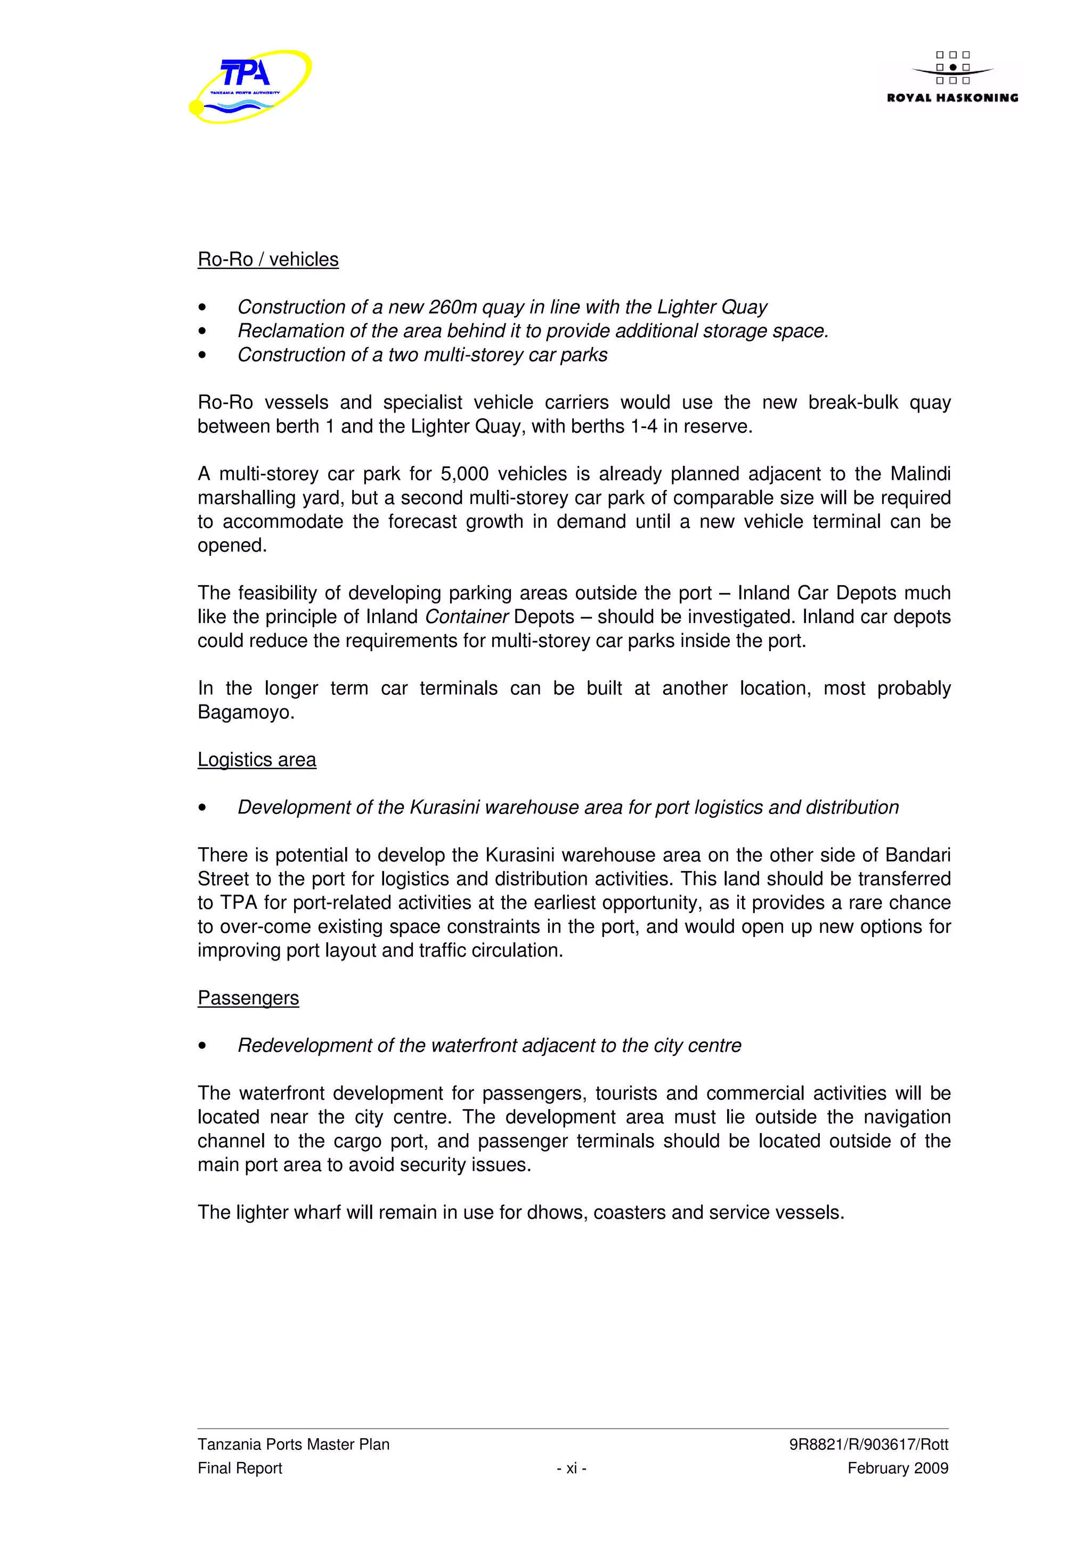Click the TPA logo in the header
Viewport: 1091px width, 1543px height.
coord(249,86)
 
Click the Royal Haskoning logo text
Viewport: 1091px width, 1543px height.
coord(952,98)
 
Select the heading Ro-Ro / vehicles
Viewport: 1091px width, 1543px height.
coord(267,259)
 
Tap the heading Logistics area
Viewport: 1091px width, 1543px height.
coord(256,759)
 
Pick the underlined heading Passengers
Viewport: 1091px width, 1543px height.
coord(248,998)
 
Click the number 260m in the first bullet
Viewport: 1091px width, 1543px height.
coord(452,307)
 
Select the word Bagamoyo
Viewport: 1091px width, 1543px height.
coord(246,712)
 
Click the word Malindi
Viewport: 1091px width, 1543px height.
coord(919,474)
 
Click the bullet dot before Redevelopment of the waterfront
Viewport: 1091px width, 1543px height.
coord(202,1046)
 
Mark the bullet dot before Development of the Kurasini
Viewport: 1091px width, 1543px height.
coord(202,808)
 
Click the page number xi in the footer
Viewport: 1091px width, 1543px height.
coord(572,1468)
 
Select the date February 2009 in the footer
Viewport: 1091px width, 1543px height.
coord(898,1468)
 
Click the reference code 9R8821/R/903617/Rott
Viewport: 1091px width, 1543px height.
coord(868,1444)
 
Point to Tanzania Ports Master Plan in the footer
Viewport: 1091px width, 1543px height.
coord(293,1444)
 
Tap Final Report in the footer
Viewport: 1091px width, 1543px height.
coord(239,1468)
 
